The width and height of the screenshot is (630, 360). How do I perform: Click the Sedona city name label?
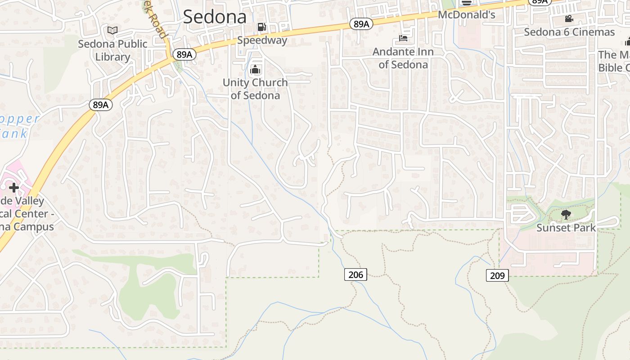[215, 17]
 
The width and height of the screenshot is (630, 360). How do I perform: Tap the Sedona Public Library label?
[112, 50]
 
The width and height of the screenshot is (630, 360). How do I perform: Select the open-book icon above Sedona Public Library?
[112, 30]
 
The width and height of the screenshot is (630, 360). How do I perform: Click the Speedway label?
[262, 40]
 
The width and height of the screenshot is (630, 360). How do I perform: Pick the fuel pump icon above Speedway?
[261, 27]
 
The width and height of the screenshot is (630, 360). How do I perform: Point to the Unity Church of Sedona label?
[255, 89]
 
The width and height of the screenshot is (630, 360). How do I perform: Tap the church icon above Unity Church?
[255, 70]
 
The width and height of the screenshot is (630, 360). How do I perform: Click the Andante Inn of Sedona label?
[403, 58]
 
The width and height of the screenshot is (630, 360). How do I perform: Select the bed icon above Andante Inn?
[403, 39]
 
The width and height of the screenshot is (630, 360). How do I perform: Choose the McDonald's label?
[467, 15]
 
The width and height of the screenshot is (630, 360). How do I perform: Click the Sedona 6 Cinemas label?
[569, 32]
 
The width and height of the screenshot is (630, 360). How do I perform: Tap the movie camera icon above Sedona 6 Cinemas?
[569, 19]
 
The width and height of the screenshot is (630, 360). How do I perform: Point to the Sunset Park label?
[566, 228]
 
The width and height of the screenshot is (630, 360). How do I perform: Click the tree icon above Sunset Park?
[566, 215]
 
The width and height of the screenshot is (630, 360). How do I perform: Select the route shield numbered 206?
[355, 274]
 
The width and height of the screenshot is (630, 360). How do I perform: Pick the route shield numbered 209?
[497, 275]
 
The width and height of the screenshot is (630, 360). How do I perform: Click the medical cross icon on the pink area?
[13, 188]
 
